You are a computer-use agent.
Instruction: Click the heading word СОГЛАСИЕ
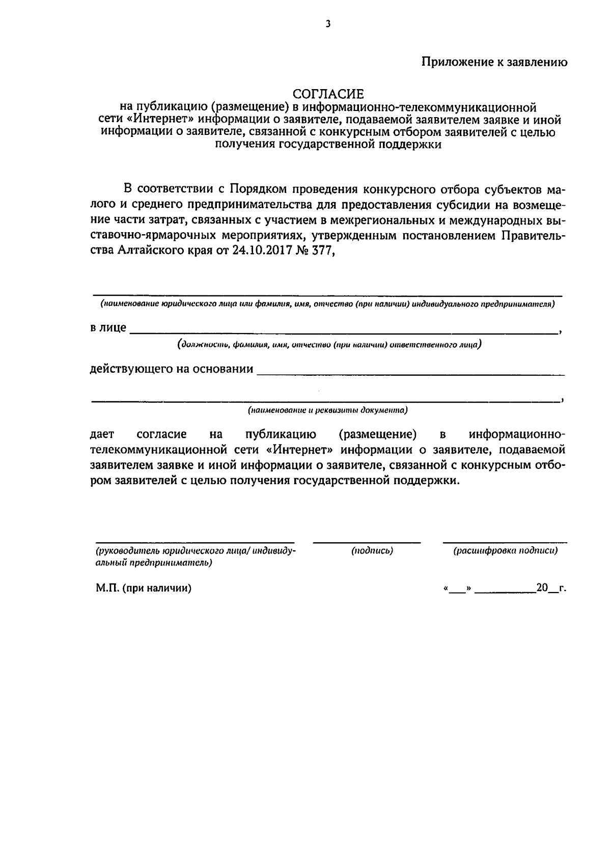328,94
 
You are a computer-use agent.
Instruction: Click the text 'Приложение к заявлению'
494,62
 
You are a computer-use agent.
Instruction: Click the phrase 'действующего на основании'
172,369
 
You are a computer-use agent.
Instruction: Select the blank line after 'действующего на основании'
410,374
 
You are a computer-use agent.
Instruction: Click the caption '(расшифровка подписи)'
505,551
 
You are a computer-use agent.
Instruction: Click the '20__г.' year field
550,589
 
